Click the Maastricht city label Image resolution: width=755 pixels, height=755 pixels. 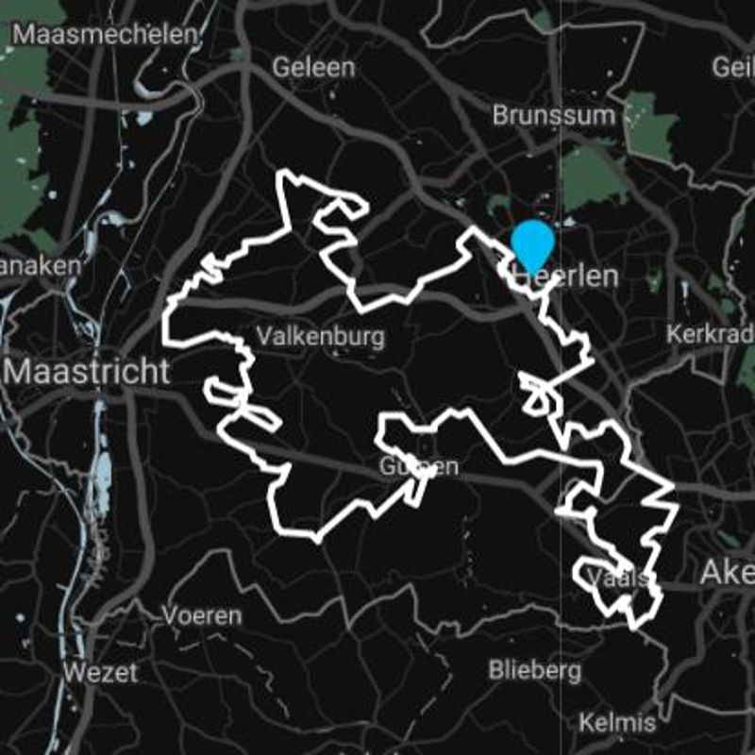tap(87, 371)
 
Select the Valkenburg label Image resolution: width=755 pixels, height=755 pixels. tap(321, 336)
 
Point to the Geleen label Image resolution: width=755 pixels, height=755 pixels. tap(313, 67)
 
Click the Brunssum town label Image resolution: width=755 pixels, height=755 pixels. tap(553, 115)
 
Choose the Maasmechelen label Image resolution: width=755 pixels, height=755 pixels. tap(107, 35)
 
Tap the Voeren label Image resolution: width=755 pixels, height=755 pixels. tap(201, 615)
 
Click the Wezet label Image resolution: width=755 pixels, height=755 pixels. tap(100, 673)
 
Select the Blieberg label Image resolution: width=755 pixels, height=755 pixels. tap(534, 670)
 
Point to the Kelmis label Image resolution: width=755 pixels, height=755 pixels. tap(616, 723)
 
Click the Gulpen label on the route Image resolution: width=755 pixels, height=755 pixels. tap(419, 466)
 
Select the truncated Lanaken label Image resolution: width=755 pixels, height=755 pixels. tap(40, 266)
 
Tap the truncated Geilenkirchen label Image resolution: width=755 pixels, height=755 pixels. tap(733, 67)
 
